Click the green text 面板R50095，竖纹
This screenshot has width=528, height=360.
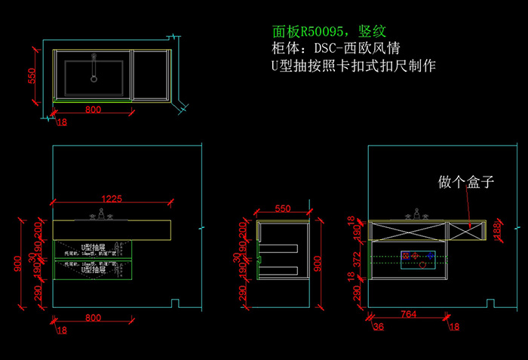330,32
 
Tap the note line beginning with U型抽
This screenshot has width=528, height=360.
353,66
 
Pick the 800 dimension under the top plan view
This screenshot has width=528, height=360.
93,109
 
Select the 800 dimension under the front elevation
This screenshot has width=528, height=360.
93,318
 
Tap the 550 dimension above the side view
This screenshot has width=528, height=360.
282,208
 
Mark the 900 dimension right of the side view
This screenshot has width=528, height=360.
319,263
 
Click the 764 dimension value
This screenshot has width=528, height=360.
410,313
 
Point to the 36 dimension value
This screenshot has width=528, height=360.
378,327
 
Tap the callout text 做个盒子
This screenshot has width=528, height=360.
465,182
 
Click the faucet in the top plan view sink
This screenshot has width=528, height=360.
94,68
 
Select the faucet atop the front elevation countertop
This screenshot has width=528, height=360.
102,216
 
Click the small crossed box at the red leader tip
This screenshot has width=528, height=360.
468,226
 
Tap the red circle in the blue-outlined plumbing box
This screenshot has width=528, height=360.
422,265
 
